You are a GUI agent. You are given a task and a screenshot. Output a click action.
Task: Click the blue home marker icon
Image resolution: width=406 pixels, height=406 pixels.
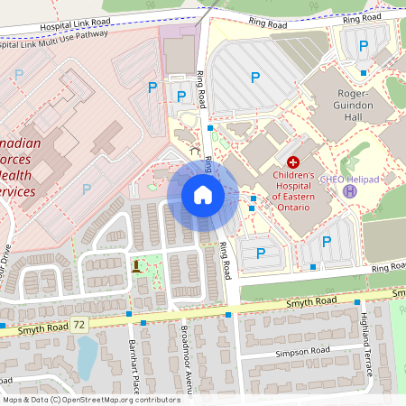202,195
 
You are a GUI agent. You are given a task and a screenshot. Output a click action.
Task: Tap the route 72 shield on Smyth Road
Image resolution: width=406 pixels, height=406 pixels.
80,323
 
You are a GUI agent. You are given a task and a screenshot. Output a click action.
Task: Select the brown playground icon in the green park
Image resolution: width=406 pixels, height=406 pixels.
136,265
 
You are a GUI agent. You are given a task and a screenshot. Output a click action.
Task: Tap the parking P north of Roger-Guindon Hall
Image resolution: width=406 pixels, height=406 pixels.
364,46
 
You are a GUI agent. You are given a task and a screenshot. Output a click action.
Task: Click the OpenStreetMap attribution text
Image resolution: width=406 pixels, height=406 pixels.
91,399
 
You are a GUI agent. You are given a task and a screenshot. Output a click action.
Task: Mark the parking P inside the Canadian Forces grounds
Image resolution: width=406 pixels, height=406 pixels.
87,189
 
